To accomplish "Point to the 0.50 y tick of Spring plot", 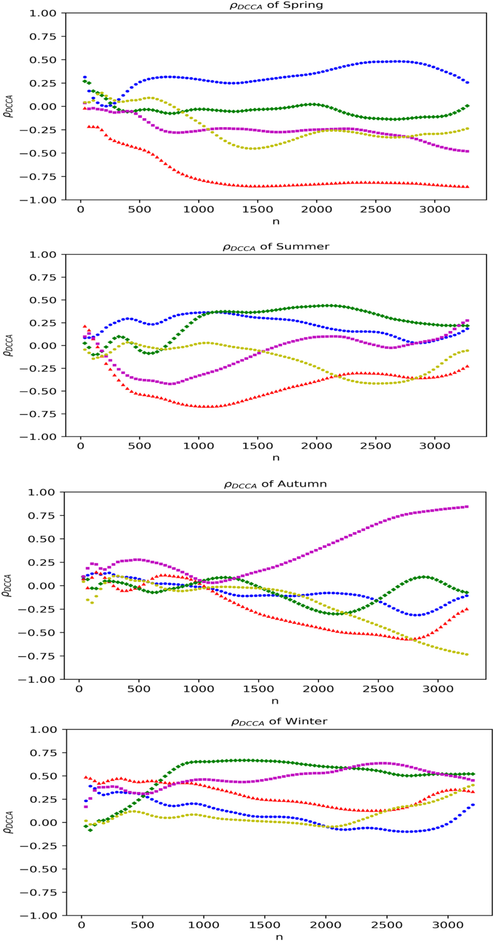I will coord(43,60).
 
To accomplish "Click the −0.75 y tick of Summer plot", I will coord(43,414).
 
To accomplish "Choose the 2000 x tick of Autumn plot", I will coord(318,689).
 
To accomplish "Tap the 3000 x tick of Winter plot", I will coord(448,925).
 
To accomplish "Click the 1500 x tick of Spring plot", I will coord(257,210).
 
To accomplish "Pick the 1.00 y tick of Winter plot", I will coord(44,729).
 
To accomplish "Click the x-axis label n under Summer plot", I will coord(276,458).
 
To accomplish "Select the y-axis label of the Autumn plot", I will coord(7,586).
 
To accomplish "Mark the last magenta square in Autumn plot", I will coord(467,507).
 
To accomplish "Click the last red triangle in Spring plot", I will coord(467,186).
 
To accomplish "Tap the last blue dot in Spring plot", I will coord(467,83).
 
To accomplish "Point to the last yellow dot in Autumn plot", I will coord(467,655).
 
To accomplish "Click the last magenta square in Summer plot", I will coord(467,321).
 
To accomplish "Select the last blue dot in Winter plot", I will coord(473,805).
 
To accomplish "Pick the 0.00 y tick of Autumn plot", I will coord(43,586).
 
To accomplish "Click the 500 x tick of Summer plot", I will coord(140,446).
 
